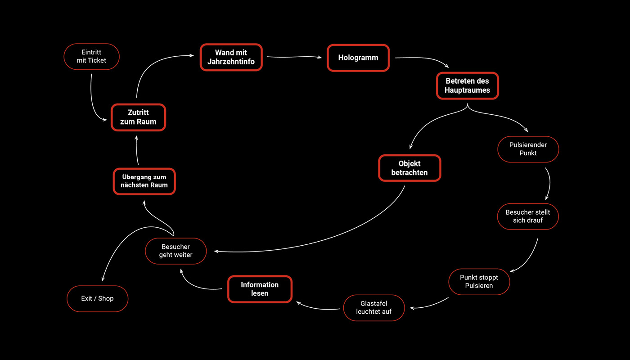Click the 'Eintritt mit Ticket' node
pos(91,56)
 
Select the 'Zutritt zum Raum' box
pos(139,117)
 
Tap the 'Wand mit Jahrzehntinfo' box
pos(231,57)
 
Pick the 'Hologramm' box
pos(358,58)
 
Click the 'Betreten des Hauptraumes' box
pos(467,85)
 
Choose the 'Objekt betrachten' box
pos(409,168)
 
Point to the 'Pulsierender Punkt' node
pos(528,149)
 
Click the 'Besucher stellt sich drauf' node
pos(528,216)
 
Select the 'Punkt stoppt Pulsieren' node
pos(479,282)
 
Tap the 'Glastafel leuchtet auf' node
pos(374,308)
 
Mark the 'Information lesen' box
pos(260,289)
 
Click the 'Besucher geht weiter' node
pos(175,251)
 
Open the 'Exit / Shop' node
pos(97,298)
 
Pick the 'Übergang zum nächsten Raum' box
pos(144,181)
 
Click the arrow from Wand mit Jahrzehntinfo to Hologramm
pos(295,57)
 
